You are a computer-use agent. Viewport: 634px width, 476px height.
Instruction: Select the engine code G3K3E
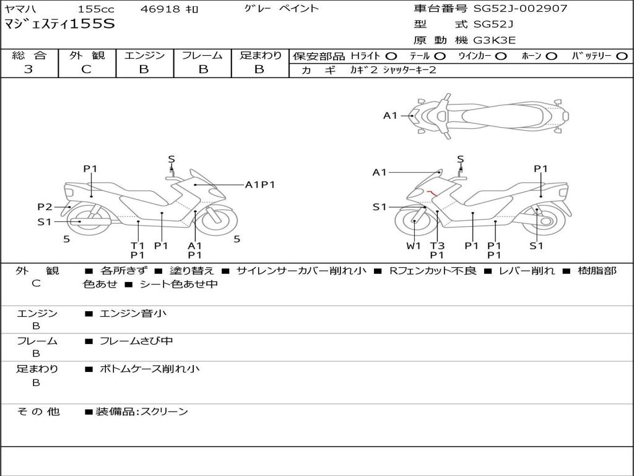point(495,40)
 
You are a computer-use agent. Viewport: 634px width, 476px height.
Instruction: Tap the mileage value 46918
point(160,9)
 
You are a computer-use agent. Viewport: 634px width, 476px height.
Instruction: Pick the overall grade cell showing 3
point(28,69)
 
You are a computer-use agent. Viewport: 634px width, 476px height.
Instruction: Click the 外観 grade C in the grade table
point(87,69)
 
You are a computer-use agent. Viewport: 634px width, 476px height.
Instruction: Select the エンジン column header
point(144,56)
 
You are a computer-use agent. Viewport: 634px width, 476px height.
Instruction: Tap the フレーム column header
point(202,56)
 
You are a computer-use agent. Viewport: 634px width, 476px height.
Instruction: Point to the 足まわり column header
point(260,56)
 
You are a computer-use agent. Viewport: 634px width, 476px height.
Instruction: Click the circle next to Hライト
point(391,56)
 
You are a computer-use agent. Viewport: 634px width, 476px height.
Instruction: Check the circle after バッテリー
point(622,56)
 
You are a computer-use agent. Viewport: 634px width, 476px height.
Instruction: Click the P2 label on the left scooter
point(45,207)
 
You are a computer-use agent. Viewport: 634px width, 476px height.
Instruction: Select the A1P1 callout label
point(260,185)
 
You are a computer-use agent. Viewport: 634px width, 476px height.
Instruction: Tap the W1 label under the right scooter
point(413,245)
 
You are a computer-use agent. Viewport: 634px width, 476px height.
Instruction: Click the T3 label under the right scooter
point(437,245)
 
